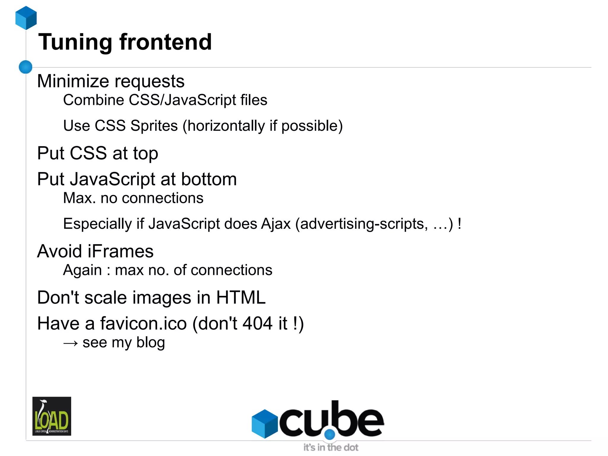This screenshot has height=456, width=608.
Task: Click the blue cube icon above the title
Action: (26, 18)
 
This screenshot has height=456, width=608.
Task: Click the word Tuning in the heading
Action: (75, 42)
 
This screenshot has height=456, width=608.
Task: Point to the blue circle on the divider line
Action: (26, 67)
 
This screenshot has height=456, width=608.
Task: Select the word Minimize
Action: (73, 81)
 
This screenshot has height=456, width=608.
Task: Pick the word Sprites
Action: (154, 126)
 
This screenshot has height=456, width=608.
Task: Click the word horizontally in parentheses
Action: (226, 126)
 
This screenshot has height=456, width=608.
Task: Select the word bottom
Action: (209, 179)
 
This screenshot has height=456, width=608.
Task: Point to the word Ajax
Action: (276, 224)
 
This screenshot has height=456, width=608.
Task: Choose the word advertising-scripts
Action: (364, 224)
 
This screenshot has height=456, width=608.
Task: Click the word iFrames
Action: (121, 251)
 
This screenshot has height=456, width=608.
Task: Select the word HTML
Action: (241, 298)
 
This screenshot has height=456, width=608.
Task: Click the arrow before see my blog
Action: (71, 343)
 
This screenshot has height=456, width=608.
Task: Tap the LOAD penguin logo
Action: (52, 416)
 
